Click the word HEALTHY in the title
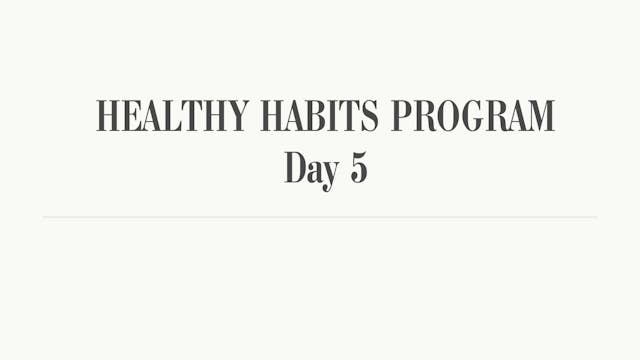point(172,116)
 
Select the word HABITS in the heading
point(320,116)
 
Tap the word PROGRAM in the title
point(472,116)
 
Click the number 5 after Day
point(359,167)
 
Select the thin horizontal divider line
point(320,217)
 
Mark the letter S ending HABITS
point(369,116)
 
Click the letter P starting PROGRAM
point(401,116)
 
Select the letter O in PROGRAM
point(447,116)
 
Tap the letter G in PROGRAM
point(470,116)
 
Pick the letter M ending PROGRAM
point(538,116)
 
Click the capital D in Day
point(293,167)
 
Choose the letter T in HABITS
point(350,116)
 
